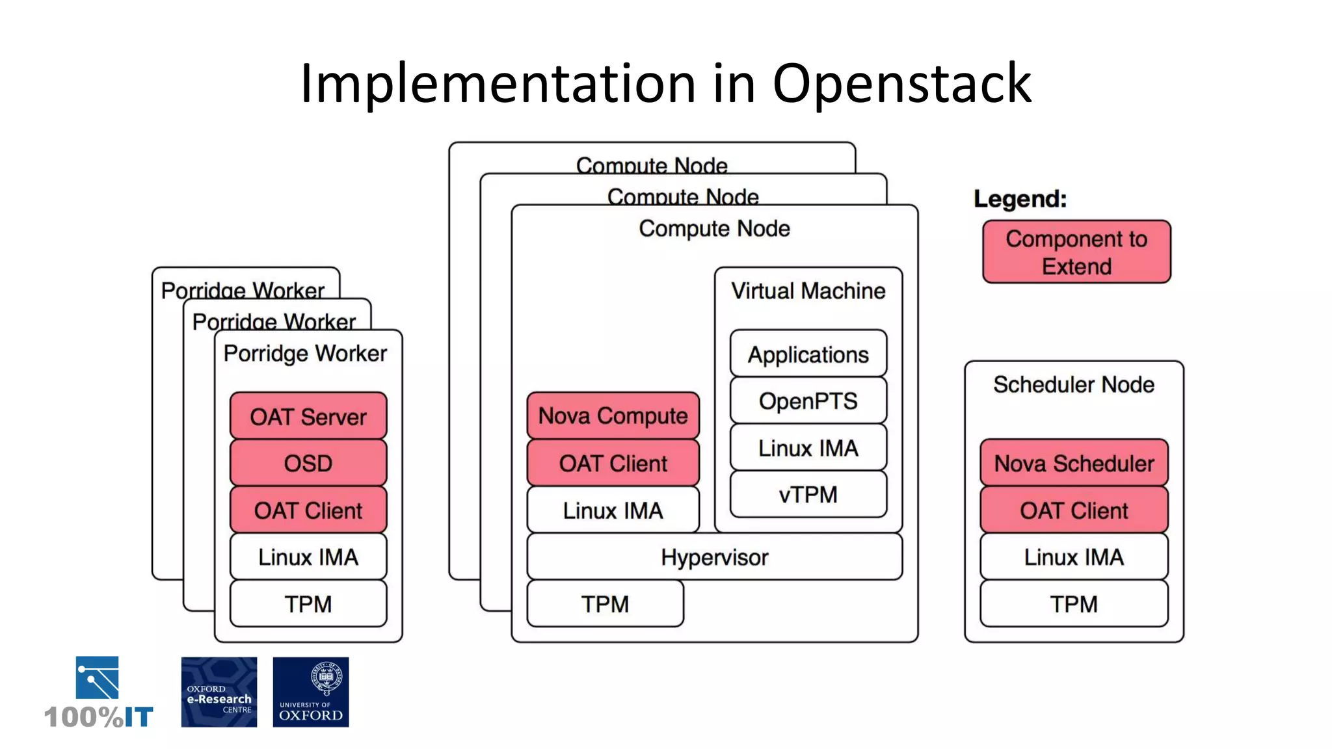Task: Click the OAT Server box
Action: pos(308,416)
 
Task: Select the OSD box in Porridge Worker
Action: pos(308,464)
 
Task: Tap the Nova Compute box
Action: pos(613,415)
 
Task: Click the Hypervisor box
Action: pos(714,557)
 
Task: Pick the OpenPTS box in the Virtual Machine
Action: pos(808,401)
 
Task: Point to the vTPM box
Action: pos(808,495)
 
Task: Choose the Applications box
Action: pos(808,354)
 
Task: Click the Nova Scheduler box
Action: pos(1074,464)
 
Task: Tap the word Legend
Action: pos(1020,199)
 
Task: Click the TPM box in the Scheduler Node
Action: pos(1074,604)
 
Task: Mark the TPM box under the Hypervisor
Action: pos(605,604)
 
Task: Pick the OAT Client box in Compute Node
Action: pos(613,464)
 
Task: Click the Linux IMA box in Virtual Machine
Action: pos(808,448)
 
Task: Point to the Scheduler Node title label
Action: pos(1074,385)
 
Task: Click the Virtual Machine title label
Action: pos(808,291)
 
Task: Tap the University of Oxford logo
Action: pos(311,692)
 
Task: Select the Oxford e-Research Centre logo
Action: pos(219,692)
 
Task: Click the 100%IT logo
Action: pos(98,693)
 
